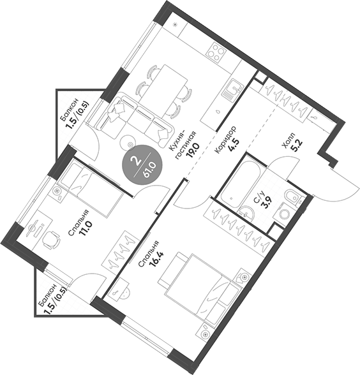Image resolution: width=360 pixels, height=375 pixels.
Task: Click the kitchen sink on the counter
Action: [230, 87]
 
